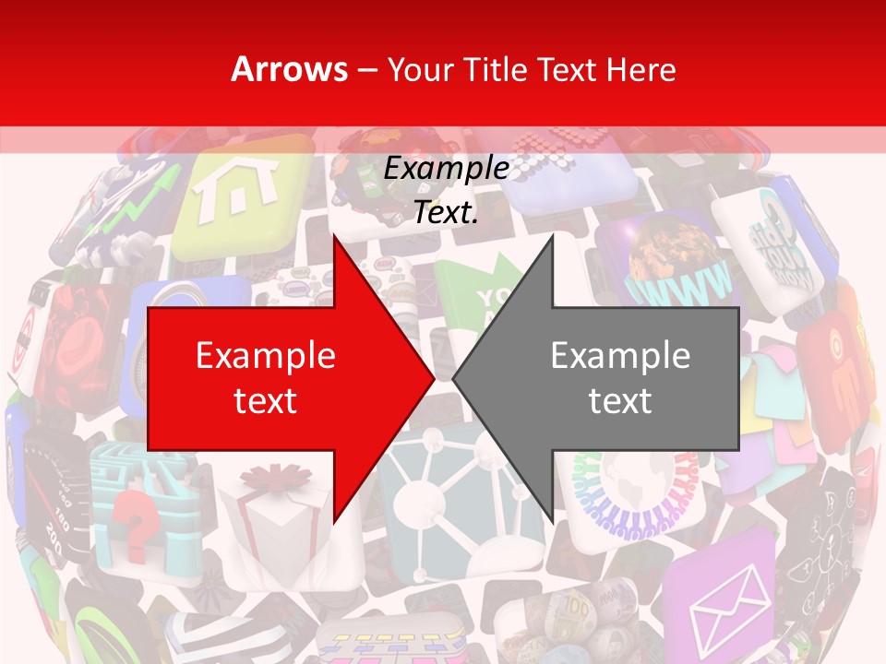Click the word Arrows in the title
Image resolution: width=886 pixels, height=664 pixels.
click(x=290, y=69)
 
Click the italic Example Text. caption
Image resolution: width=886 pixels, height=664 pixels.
click(x=446, y=190)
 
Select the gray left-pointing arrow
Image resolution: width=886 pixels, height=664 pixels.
click(x=609, y=378)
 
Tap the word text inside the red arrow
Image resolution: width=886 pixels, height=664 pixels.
click(x=265, y=400)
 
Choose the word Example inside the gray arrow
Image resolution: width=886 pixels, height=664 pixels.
click(x=620, y=356)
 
